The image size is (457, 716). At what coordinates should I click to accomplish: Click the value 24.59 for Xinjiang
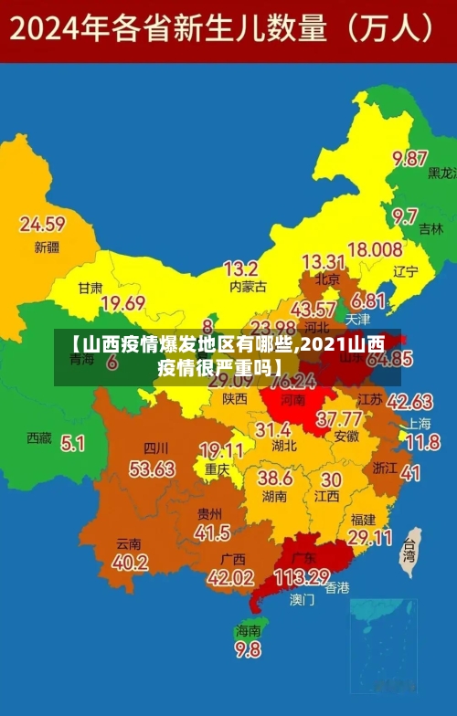coord(42,224)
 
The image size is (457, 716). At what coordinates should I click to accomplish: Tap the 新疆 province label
coord(46,247)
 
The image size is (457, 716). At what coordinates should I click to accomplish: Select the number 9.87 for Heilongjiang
coord(410,158)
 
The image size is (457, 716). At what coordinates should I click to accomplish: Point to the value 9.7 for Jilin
coord(405,216)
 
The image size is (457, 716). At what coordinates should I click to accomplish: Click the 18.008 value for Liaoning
coord(375,249)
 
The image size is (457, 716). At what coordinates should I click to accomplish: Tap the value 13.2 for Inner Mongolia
coord(240,268)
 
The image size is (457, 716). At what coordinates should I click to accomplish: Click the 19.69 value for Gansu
coord(122,303)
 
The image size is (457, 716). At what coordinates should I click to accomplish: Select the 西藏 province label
coord(39,438)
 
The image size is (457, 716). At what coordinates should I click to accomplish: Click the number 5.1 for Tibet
coord(72,443)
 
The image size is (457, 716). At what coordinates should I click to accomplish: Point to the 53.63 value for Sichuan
coord(152,469)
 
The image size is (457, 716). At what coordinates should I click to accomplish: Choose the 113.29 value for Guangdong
coord(301,577)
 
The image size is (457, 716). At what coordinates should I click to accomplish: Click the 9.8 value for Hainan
coord(248,650)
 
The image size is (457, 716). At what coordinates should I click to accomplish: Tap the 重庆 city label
coord(217,469)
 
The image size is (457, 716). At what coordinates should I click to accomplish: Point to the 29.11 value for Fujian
coord(370,538)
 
